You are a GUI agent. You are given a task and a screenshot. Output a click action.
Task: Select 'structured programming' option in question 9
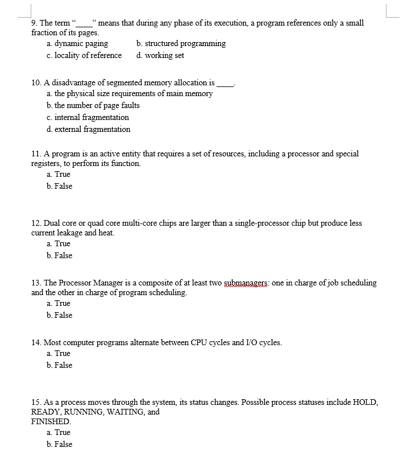(x=181, y=44)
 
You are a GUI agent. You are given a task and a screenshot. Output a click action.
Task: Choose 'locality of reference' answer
(x=84, y=56)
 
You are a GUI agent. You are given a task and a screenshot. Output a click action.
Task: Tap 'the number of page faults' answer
(x=93, y=106)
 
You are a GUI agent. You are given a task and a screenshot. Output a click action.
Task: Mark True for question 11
(x=59, y=175)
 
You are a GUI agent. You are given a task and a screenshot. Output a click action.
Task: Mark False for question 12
(x=60, y=256)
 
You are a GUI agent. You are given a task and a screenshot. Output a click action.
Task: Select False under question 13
(x=60, y=316)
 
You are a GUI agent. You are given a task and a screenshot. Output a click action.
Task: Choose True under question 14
(x=59, y=354)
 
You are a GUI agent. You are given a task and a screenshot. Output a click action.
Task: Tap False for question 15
(x=60, y=445)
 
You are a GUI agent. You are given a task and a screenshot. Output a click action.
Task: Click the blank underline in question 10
(x=225, y=84)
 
